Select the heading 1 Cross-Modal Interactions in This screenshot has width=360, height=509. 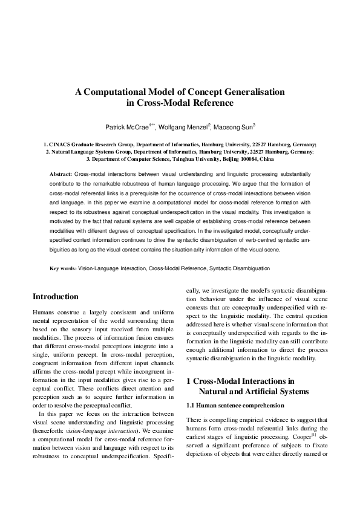240,381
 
